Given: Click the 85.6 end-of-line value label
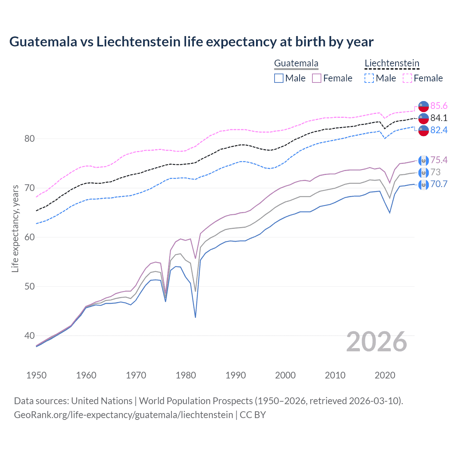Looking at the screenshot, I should [439, 106].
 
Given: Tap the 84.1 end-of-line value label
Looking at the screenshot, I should [439, 118].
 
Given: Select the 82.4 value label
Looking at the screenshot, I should [439, 130].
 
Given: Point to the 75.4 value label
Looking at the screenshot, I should [439, 160].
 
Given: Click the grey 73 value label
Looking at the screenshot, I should [435, 172].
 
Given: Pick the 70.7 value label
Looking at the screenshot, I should [439, 184].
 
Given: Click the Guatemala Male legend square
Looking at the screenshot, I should [279, 78].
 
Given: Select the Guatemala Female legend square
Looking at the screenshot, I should [317, 78].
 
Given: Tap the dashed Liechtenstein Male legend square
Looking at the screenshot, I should [369, 78].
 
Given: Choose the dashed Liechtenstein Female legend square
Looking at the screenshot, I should [407, 78].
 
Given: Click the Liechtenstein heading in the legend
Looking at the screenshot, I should [392, 64].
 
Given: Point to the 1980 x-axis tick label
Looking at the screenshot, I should [186, 375].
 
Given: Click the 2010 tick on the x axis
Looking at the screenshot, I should [335, 375].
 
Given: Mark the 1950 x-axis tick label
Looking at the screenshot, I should [36, 375].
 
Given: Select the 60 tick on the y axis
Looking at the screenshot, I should [30, 237].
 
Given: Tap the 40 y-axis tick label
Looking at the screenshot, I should [30, 336].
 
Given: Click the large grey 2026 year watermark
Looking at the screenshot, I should [376, 342].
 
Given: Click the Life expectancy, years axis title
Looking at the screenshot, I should [15, 228].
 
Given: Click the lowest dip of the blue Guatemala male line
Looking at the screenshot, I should [195, 317].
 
